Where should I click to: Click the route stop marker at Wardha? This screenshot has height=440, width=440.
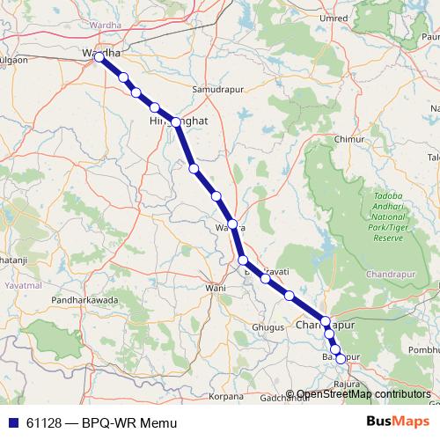[99, 58]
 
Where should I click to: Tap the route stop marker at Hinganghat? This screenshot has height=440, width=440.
[176, 122]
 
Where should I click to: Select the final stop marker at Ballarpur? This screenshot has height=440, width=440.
[341, 359]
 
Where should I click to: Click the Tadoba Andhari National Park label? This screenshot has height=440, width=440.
[387, 216]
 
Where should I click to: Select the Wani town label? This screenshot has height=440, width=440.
[216, 288]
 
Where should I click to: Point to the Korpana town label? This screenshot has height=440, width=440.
[226, 398]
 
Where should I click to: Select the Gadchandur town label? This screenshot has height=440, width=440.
[284, 398]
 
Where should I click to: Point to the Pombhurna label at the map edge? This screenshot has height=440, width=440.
[420, 350]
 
